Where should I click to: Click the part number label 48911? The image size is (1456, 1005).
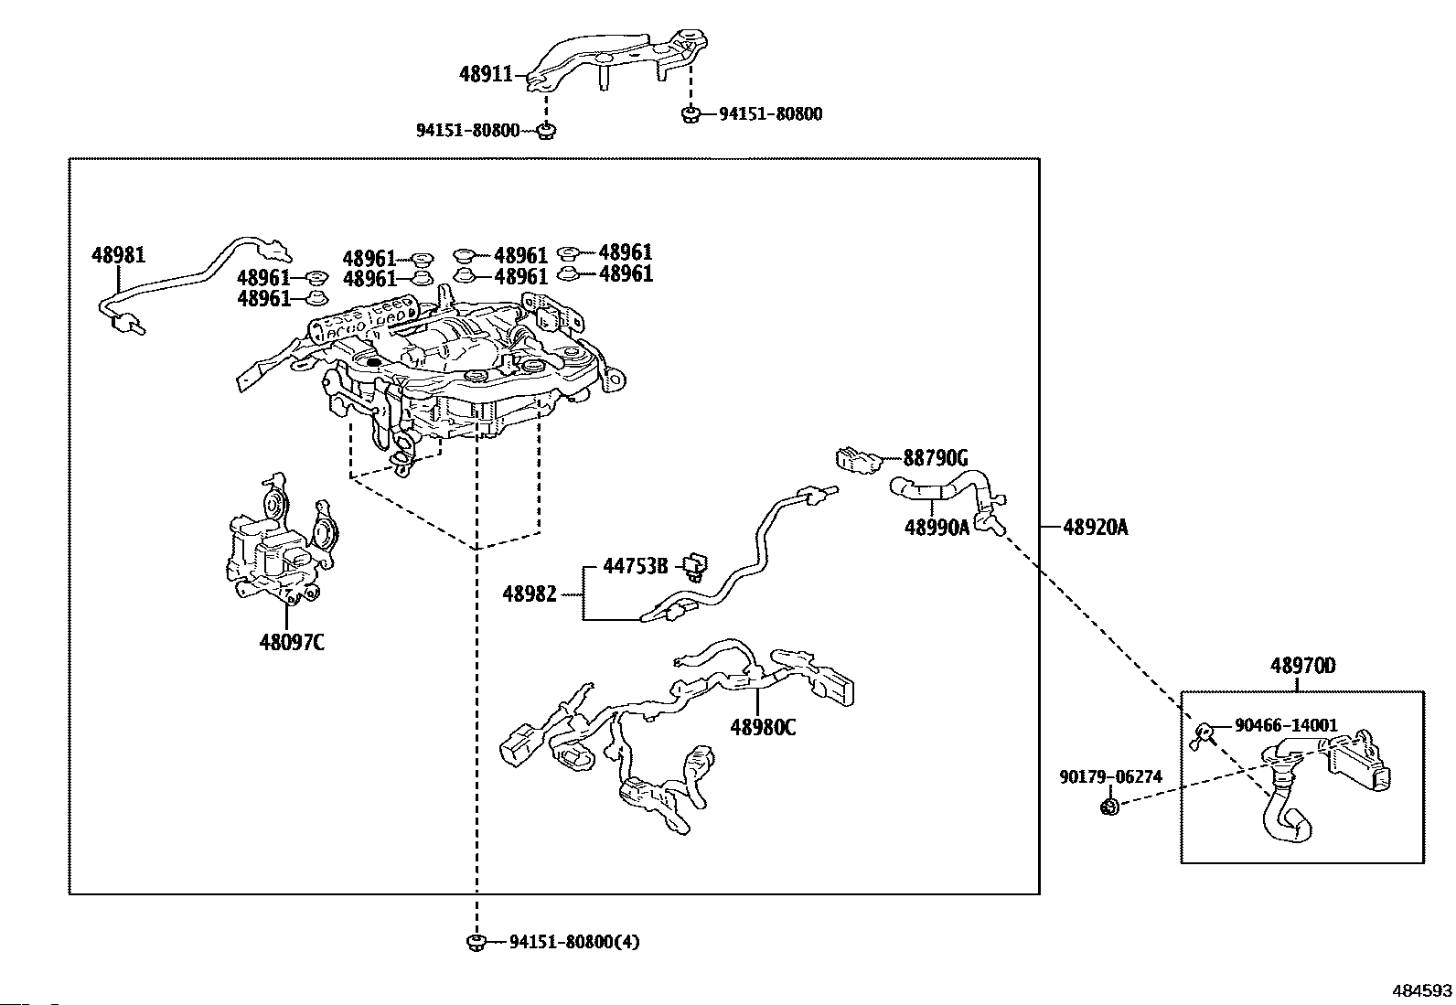(x=486, y=74)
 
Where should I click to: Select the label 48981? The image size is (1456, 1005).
(x=118, y=254)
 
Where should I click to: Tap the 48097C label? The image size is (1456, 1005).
(x=292, y=642)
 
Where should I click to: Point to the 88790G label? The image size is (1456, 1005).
(x=936, y=457)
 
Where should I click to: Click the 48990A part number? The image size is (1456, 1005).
(x=937, y=528)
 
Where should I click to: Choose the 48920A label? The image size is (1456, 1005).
(x=1096, y=528)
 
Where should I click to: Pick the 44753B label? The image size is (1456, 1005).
(x=636, y=566)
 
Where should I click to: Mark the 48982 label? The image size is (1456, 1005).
(x=530, y=594)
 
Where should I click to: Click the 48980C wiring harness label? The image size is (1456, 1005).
(x=763, y=727)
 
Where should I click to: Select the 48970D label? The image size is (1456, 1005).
(x=1302, y=666)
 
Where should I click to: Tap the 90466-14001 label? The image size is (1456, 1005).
(x=1286, y=725)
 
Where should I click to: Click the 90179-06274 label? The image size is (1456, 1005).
(x=1111, y=776)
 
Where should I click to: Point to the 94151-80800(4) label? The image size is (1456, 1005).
(x=574, y=941)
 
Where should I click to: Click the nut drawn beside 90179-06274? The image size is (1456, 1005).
(x=1108, y=806)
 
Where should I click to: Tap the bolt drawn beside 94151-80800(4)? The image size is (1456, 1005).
(x=476, y=942)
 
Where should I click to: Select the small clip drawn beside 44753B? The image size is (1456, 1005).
(x=698, y=568)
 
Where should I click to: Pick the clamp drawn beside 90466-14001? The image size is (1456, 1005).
(x=1204, y=732)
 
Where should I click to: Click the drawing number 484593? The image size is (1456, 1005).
(x=1422, y=990)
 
